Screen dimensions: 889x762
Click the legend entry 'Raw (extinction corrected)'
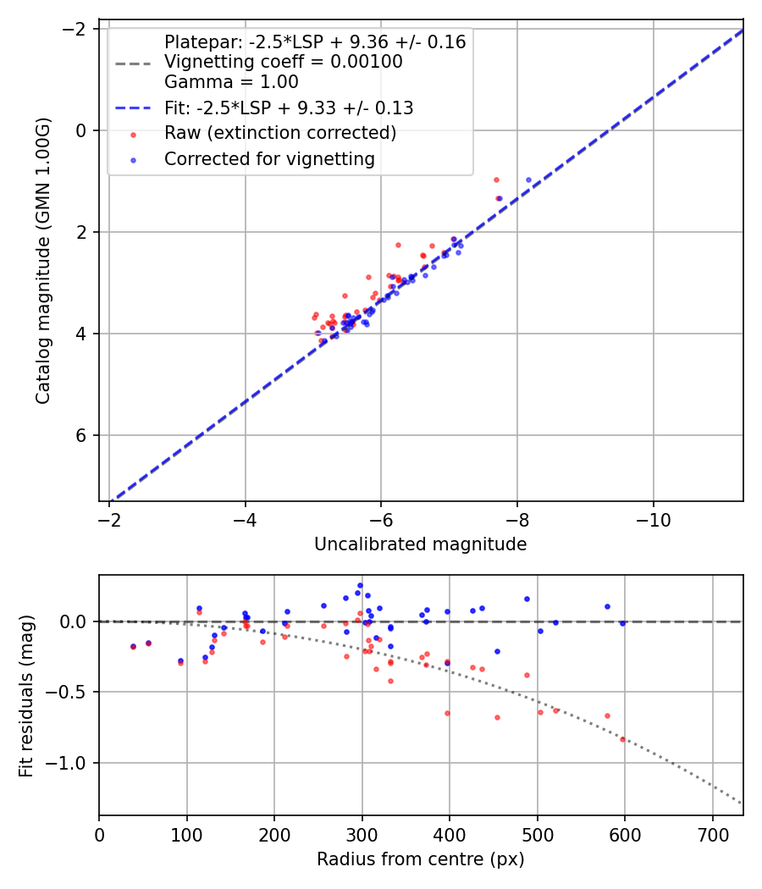click(279, 134)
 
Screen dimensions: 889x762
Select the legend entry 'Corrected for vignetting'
click(269, 159)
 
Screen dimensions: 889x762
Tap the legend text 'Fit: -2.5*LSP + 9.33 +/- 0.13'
click(288, 108)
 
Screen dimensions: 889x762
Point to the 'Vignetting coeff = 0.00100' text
click(283, 62)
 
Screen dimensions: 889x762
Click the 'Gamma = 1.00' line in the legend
click(231, 82)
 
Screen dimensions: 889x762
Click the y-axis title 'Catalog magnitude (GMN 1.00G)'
click(43, 261)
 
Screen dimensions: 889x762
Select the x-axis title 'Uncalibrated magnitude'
click(420, 544)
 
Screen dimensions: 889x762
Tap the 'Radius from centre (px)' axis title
click(420, 859)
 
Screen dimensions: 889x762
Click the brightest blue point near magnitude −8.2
click(528, 179)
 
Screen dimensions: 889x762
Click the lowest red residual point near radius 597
click(622, 739)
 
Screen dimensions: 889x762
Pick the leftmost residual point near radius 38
click(133, 646)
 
